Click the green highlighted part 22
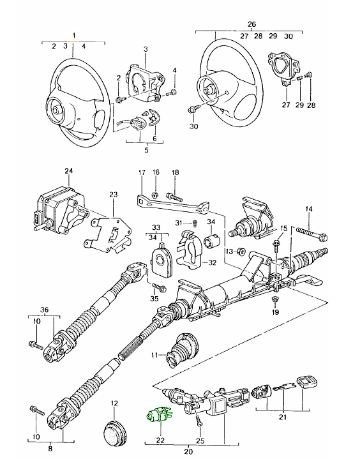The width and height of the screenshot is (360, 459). click(x=160, y=416)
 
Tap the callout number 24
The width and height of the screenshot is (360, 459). click(x=69, y=170)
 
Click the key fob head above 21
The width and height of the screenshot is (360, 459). click(x=307, y=383)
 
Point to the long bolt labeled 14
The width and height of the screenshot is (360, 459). click(x=312, y=233)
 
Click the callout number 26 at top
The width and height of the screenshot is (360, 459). click(x=251, y=24)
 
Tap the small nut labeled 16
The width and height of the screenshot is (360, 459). click(x=155, y=195)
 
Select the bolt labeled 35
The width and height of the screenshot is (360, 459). click(x=159, y=287)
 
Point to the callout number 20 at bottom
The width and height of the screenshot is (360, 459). click(x=188, y=451)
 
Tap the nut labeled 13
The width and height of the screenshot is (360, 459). click(x=241, y=251)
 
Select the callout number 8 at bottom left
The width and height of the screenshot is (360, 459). click(x=50, y=448)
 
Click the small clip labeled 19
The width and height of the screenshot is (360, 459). click(x=275, y=299)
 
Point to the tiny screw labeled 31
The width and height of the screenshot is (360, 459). click(x=195, y=224)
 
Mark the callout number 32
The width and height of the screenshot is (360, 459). click(x=212, y=262)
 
